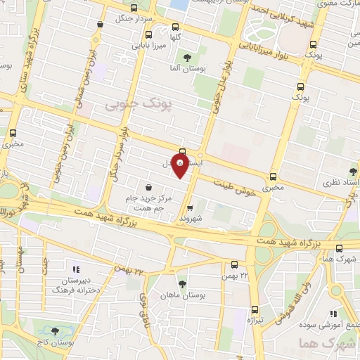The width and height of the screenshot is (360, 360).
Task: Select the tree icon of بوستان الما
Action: pos(187,58)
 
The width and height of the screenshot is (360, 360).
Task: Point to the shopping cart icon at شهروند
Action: pos(190,207)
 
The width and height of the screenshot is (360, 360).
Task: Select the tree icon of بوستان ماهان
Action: pos(183,284)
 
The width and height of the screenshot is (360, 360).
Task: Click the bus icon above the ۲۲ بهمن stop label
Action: pos(235,266)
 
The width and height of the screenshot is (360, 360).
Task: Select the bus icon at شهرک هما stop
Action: pos(340,247)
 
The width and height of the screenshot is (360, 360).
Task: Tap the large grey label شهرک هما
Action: pos(316,343)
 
